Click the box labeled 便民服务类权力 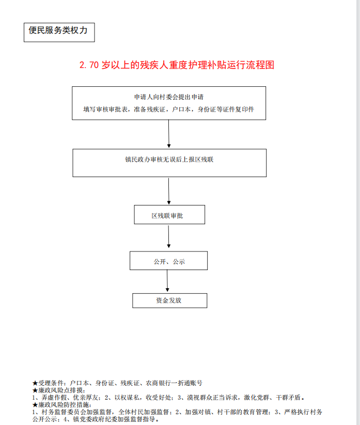pos(59,32)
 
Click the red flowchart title pos(177,65)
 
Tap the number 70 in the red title pos(94,65)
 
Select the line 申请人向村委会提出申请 pos(169,97)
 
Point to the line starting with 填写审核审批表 pos(168,109)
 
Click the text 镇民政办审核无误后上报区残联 pos(169,160)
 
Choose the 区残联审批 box pos(169,214)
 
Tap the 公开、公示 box pos(168,260)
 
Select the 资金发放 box pos(170,301)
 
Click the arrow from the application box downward pos(168,134)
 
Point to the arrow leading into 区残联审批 pos(168,191)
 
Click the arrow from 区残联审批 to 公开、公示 pos(168,237)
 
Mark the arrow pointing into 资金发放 pos(167,281)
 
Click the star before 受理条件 pos(35,383)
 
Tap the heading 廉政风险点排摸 pos(61,390)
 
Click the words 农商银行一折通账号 pos(174,383)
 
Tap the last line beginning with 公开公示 pos(96,419)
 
